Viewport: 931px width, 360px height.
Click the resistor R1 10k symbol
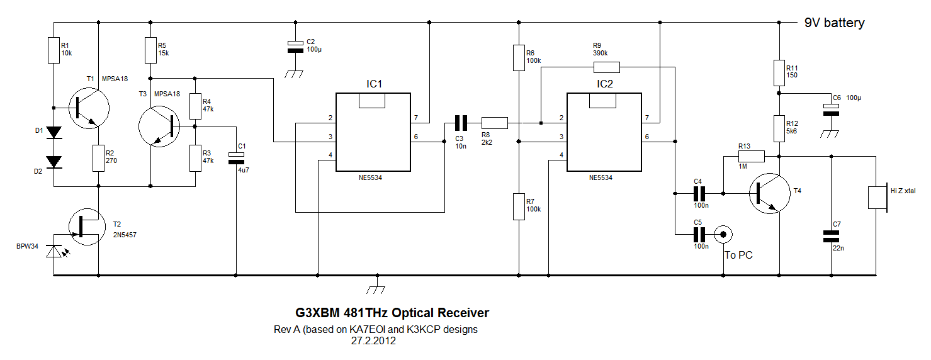tap(54, 50)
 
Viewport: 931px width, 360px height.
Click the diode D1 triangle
tap(55, 133)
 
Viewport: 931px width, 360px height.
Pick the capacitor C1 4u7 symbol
tap(236, 158)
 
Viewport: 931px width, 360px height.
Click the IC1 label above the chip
tap(375, 84)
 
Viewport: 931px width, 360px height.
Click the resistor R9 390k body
tap(606, 67)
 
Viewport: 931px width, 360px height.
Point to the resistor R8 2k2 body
tap(494, 123)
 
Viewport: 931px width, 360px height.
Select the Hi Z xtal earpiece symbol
tap(876, 197)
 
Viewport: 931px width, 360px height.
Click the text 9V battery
tap(834, 23)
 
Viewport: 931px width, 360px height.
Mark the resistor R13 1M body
tap(751, 157)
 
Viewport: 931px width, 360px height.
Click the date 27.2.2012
tap(374, 341)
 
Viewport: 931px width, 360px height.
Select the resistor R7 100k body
tap(518, 207)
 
